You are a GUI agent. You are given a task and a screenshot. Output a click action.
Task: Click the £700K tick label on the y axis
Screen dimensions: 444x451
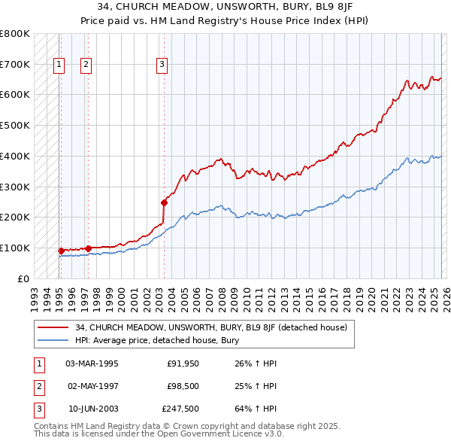click(x=15, y=64)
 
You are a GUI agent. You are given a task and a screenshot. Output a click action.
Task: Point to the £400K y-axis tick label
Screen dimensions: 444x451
click(x=15, y=156)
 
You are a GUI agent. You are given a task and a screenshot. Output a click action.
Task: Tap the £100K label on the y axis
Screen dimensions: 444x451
click(x=15, y=248)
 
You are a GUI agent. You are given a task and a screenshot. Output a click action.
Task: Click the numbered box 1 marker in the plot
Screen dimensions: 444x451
click(x=59, y=65)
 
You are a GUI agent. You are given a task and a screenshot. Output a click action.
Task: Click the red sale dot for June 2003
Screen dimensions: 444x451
click(x=164, y=202)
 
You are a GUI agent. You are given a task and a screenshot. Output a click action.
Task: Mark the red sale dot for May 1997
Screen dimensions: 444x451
click(x=88, y=248)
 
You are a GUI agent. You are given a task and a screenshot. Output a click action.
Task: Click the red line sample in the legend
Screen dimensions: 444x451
click(x=53, y=327)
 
